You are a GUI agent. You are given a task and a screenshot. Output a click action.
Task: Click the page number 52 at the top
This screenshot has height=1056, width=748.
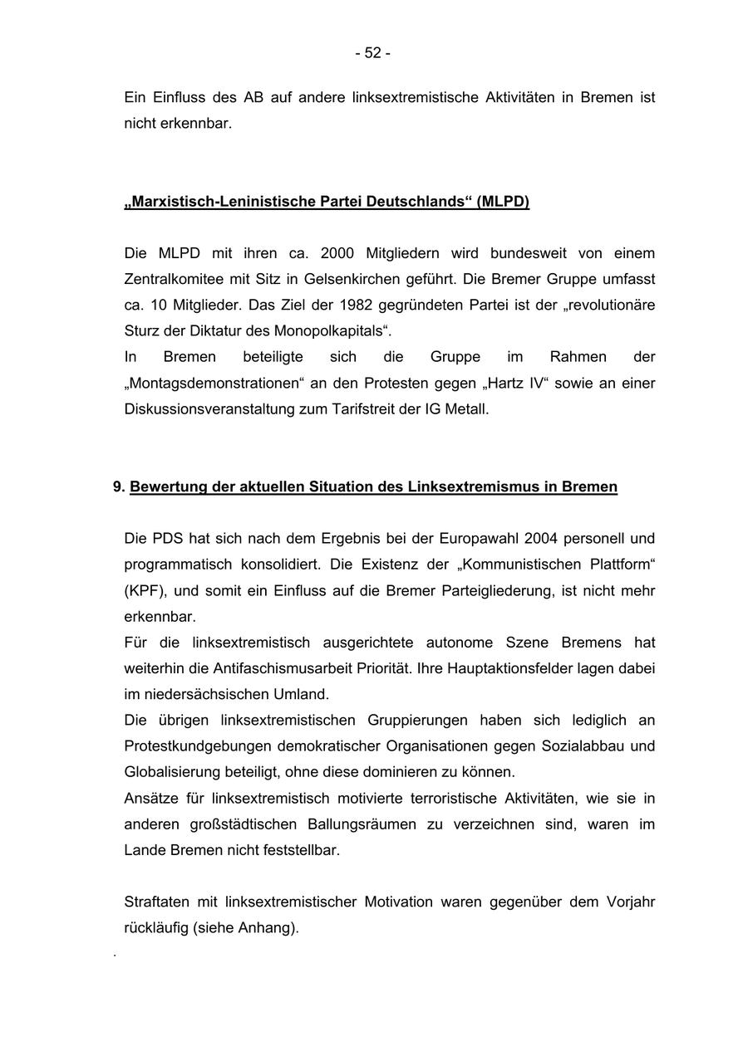click(372, 53)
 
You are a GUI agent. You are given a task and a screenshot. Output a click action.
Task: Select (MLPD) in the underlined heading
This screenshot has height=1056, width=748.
click(503, 202)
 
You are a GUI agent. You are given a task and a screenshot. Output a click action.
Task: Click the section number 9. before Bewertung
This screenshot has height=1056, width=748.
click(119, 487)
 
